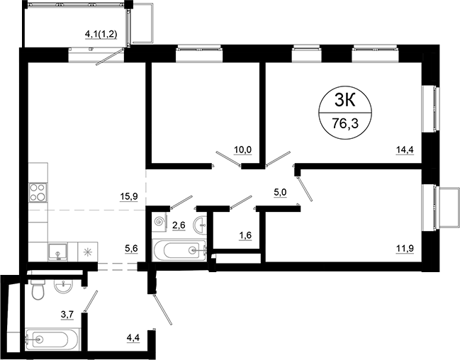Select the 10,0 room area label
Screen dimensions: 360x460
(x=243, y=150)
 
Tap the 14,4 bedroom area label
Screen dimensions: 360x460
(x=405, y=150)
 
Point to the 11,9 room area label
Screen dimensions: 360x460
(x=405, y=247)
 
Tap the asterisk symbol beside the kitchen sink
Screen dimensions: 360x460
(x=87, y=250)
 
